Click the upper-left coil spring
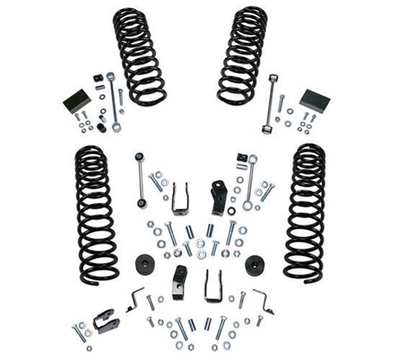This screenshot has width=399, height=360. (x=138, y=56)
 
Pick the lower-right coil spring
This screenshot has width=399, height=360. (x=305, y=212)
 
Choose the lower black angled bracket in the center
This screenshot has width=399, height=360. (x=179, y=282)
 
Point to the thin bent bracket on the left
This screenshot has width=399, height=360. (x=136, y=299)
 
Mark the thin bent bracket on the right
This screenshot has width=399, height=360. (x=264, y=301)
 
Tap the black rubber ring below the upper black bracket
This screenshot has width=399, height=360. (x=231, y=211)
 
